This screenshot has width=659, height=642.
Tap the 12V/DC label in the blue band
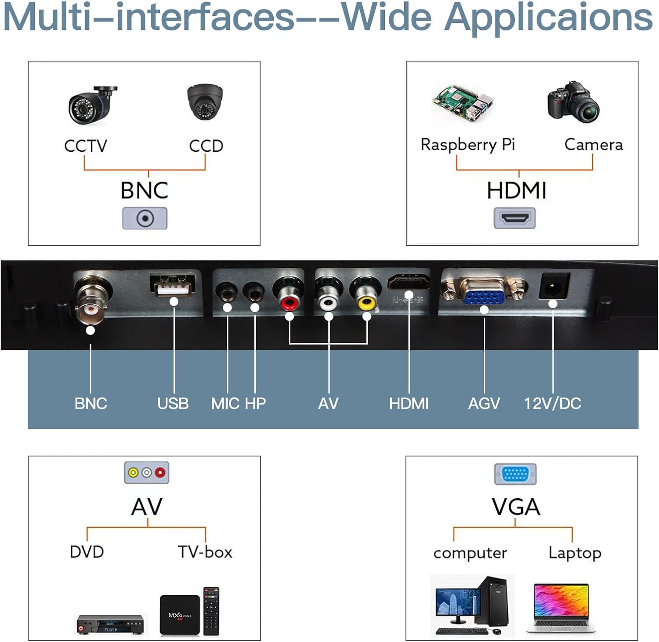552,403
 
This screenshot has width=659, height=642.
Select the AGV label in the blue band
484,403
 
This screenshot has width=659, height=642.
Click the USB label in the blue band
173,403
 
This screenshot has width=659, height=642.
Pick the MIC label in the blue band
225,403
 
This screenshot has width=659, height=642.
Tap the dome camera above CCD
205,102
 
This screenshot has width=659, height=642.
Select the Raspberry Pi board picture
463,102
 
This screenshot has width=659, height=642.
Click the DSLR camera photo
574,102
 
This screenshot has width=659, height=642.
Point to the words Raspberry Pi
467,145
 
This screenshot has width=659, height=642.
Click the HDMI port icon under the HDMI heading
514,218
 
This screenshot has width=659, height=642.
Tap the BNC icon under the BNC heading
145,218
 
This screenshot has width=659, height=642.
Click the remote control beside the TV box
211,611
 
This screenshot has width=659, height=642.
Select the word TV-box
205,552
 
